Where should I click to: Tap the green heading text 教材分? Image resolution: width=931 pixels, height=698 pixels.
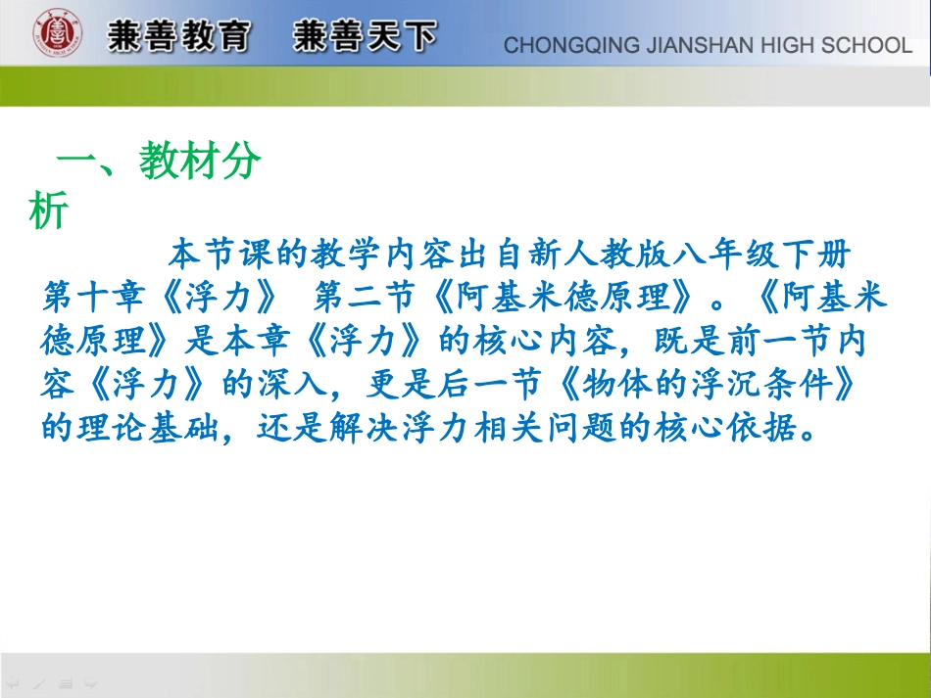click(x=200, y=162)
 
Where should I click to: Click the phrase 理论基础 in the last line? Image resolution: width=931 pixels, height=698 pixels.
click(x=152, y=429)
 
